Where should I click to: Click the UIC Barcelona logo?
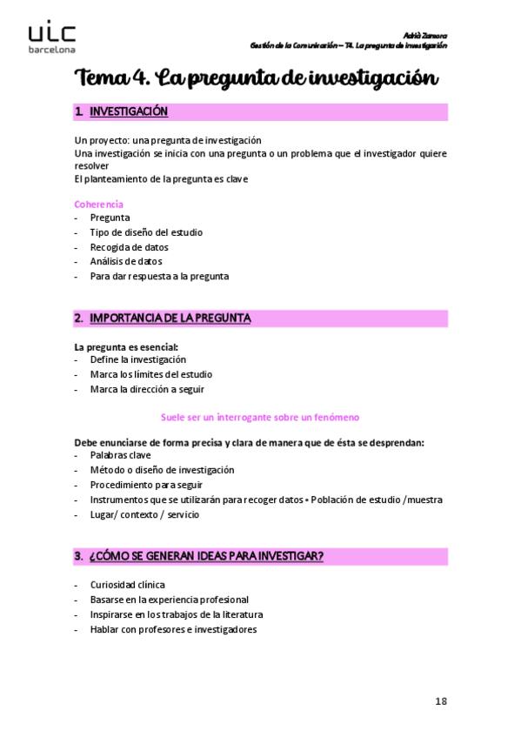[x=51, y=38]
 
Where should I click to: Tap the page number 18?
[x=440, y=700]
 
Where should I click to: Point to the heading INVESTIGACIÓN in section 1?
[x=129, y=111]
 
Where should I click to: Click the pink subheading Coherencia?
[x=98, y=204]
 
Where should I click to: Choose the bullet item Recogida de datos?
[x=129, y=247]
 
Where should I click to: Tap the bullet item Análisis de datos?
[x=125, y=261]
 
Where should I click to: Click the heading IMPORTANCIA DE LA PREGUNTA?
[x=170, y=319]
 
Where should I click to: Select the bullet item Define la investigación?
[x=137, y=359]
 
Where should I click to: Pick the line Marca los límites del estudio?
[x=150, y=374]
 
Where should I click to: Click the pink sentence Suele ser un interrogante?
[x=261, y=418]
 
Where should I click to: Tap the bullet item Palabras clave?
[x=120, y=455]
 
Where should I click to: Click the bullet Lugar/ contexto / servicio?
[x=144, y=514]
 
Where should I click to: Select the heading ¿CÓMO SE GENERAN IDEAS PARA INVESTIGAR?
[x=206, y=555]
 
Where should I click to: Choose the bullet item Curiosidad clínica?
[x=127, y=585]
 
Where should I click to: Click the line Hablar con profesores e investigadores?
[x=173, y=629]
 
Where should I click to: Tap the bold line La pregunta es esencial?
[x=126, y=346]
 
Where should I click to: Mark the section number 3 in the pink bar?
[x=77, y=555]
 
